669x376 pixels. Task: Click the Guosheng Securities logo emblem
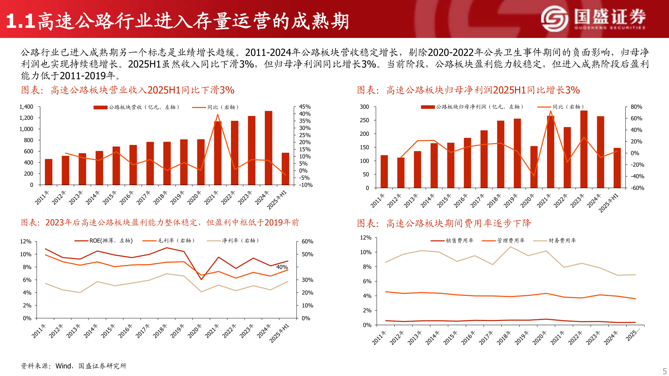point(555,19)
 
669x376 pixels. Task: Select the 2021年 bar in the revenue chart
point(218,153)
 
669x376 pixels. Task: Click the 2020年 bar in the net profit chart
point(534,167)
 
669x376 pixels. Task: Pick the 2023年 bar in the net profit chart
point(584,150)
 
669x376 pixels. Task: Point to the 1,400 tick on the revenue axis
point(26,107)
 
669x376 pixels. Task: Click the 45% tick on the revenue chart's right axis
point(305,107)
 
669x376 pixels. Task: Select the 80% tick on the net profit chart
point(636,107)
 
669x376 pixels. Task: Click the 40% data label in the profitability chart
point(282,267)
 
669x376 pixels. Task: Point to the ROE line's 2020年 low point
point(201,279)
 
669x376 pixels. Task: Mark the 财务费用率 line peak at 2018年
point(510,247)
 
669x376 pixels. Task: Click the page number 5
point(664,371)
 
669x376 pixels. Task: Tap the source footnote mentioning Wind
point(74,366)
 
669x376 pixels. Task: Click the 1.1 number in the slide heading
point(20,22)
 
